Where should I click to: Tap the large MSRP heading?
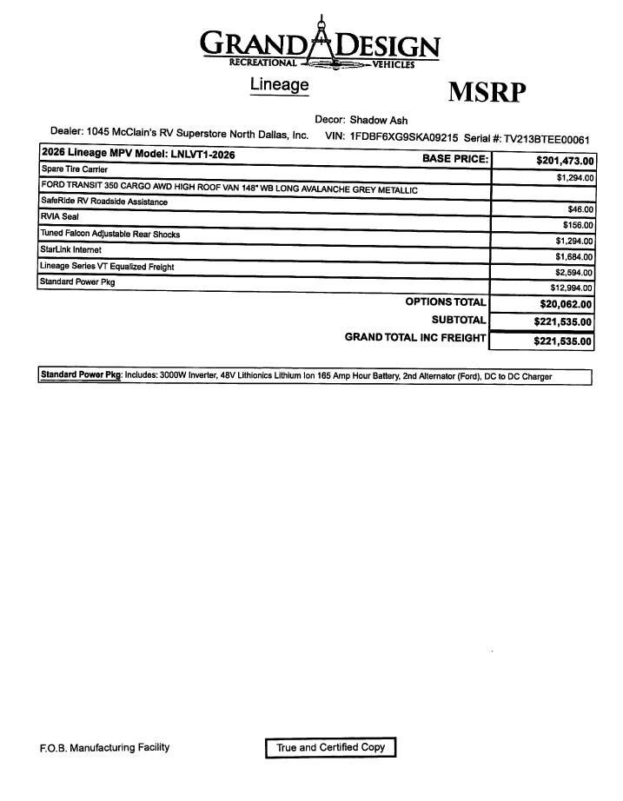(487, 92)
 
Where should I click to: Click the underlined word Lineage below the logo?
(280, 85)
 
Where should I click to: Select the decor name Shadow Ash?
(379, 120)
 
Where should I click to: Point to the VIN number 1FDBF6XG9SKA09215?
(404, 136)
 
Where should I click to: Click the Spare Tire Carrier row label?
(74, 169)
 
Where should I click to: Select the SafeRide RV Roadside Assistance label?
(104, 202)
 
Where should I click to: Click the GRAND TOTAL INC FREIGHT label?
(415, 337)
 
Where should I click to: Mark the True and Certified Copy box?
(330, 747)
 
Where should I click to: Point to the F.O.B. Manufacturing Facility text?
(104, 747)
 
